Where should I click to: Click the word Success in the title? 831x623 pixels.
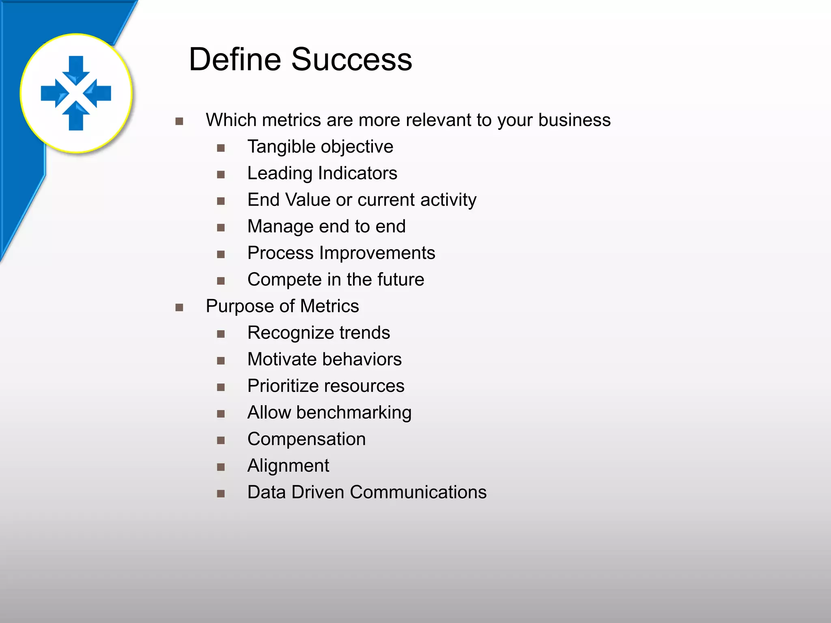(x=351, y=60)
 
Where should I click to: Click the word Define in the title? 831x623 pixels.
(x=235, y=60)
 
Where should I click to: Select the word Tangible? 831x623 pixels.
(x=279, y=147)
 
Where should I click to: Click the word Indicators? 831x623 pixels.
(x=357, y=173)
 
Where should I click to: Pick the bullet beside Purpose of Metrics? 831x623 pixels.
(x=179, y=307)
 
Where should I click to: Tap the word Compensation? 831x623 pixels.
(x=306, y=439)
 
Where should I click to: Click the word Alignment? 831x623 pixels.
(x=288, y=466)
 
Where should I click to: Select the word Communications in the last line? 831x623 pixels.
(x=418, y=492)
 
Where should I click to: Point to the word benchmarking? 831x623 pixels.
(x=354, y=413)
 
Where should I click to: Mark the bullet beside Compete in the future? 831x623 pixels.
(x=221, y=281)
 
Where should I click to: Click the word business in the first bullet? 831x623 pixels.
(x=574, y=120)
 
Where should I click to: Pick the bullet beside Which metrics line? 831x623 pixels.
(x=179, y=121)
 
